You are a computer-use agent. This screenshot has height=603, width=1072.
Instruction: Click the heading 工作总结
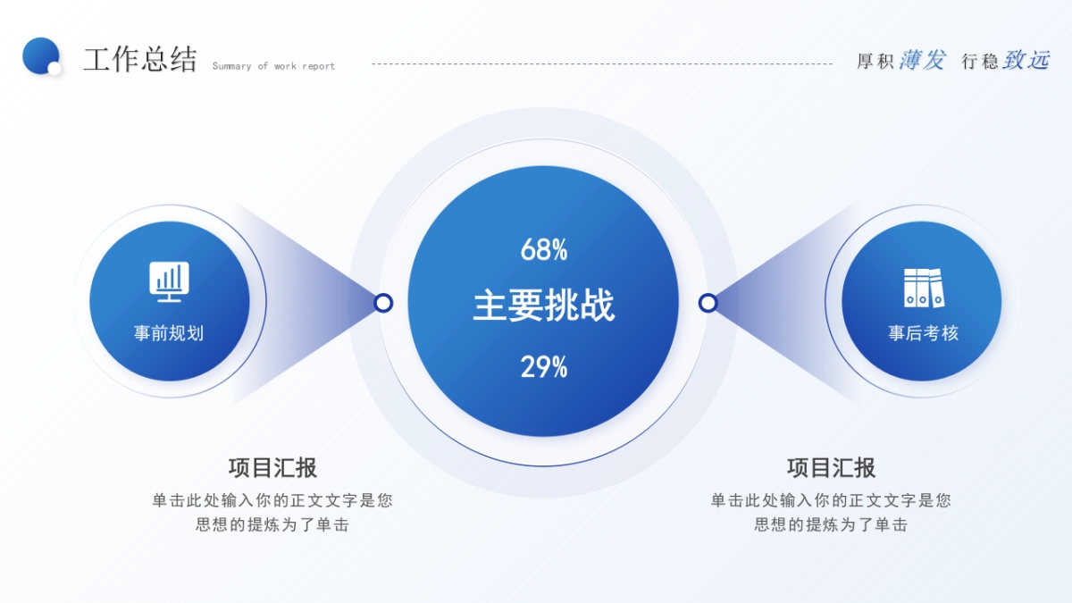139,60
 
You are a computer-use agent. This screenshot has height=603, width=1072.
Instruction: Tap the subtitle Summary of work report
273,66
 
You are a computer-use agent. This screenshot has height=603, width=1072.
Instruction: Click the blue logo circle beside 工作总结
39,54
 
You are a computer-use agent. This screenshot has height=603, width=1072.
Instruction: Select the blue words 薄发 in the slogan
922,60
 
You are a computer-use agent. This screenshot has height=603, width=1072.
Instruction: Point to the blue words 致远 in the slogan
1026,60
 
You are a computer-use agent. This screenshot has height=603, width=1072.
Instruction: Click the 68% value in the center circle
544,251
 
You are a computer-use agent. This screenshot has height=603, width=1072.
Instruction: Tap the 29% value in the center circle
544,367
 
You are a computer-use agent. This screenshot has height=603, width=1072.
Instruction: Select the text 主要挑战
544,306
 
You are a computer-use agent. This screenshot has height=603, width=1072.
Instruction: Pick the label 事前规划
169,333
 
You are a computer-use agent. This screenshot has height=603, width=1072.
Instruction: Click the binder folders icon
923,288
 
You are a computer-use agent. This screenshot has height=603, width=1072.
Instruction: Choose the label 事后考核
923,333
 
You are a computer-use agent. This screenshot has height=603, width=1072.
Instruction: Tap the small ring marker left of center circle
383,303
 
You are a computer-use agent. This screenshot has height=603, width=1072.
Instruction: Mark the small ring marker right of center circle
708,303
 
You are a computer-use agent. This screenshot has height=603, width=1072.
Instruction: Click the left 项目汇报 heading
272,467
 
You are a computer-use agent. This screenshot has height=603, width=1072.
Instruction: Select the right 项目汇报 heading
831,467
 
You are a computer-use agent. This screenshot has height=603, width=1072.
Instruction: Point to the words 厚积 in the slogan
875,62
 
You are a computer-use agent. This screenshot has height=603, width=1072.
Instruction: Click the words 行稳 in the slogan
980,62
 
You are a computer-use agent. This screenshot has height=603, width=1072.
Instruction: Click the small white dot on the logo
54,68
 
